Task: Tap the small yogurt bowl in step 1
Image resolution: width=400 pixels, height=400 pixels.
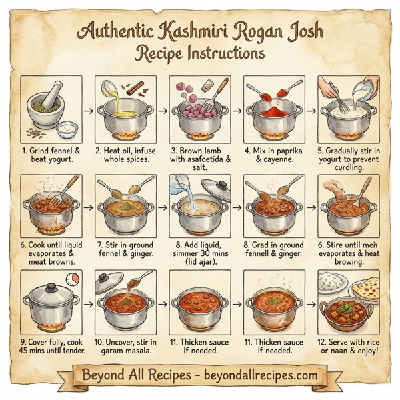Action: (67, 127)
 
